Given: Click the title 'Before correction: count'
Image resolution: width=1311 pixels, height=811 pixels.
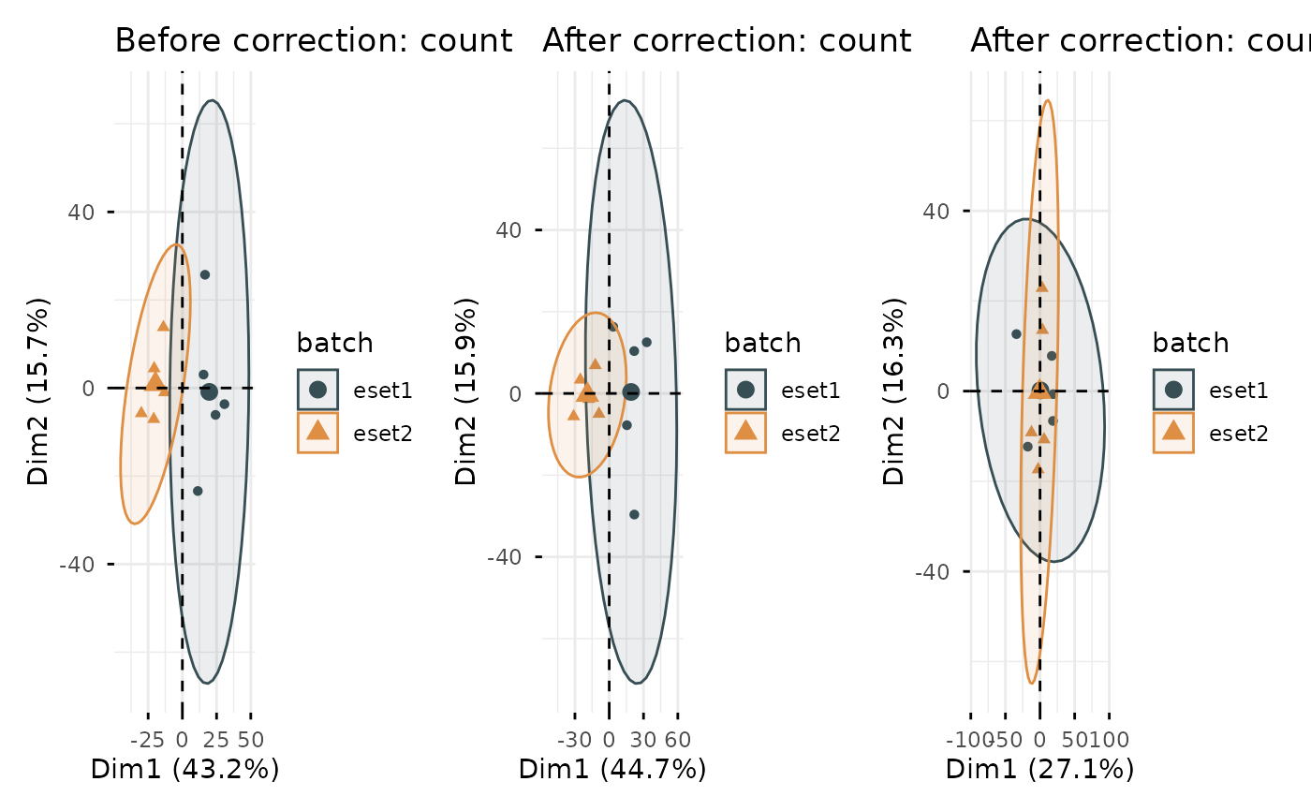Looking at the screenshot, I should (313, 41).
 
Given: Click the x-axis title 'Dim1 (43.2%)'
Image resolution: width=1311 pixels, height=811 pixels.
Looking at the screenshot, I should (184, 770).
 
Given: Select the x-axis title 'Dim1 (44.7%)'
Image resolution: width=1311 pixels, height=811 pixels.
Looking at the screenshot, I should (612, 770).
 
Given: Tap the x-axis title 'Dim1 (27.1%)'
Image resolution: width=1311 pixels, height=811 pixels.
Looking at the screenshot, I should (1040, 770).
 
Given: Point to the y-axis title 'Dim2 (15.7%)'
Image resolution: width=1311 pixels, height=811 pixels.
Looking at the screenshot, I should (38, 391).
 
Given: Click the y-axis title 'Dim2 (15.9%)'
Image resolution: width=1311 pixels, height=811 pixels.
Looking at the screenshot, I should (466, 391).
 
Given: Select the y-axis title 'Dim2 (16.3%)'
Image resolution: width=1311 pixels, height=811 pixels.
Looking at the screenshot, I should (894, 391).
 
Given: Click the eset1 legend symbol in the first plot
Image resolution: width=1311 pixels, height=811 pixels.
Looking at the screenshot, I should (317, 390).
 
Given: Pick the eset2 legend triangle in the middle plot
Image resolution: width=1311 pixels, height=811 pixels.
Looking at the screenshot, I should (745, 431).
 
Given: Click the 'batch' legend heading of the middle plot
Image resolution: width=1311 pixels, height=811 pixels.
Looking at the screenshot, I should (762, 343).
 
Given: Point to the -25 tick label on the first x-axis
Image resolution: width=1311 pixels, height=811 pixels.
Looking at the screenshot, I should (148, 739).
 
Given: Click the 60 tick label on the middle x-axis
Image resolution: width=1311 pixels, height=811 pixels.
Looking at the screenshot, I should (677, 739).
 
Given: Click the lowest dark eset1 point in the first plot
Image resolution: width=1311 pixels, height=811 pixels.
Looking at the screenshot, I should (198, 491).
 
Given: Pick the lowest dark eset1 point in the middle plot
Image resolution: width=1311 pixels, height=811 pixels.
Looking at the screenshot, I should (634, 514).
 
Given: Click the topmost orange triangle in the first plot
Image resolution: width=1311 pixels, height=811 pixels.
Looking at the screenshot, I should (163, 326).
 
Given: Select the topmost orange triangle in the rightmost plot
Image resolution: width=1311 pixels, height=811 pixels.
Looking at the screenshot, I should (1042, 286).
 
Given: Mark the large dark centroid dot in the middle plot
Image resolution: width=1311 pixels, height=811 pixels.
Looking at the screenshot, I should (631, 392).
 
